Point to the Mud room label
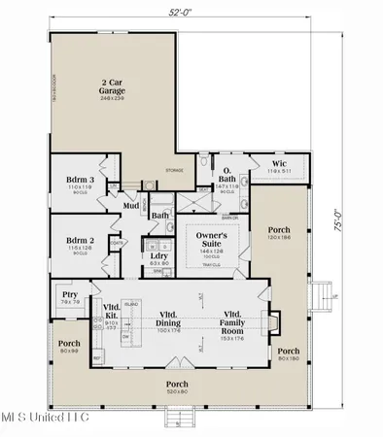130,205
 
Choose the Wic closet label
279,164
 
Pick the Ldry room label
156,255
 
